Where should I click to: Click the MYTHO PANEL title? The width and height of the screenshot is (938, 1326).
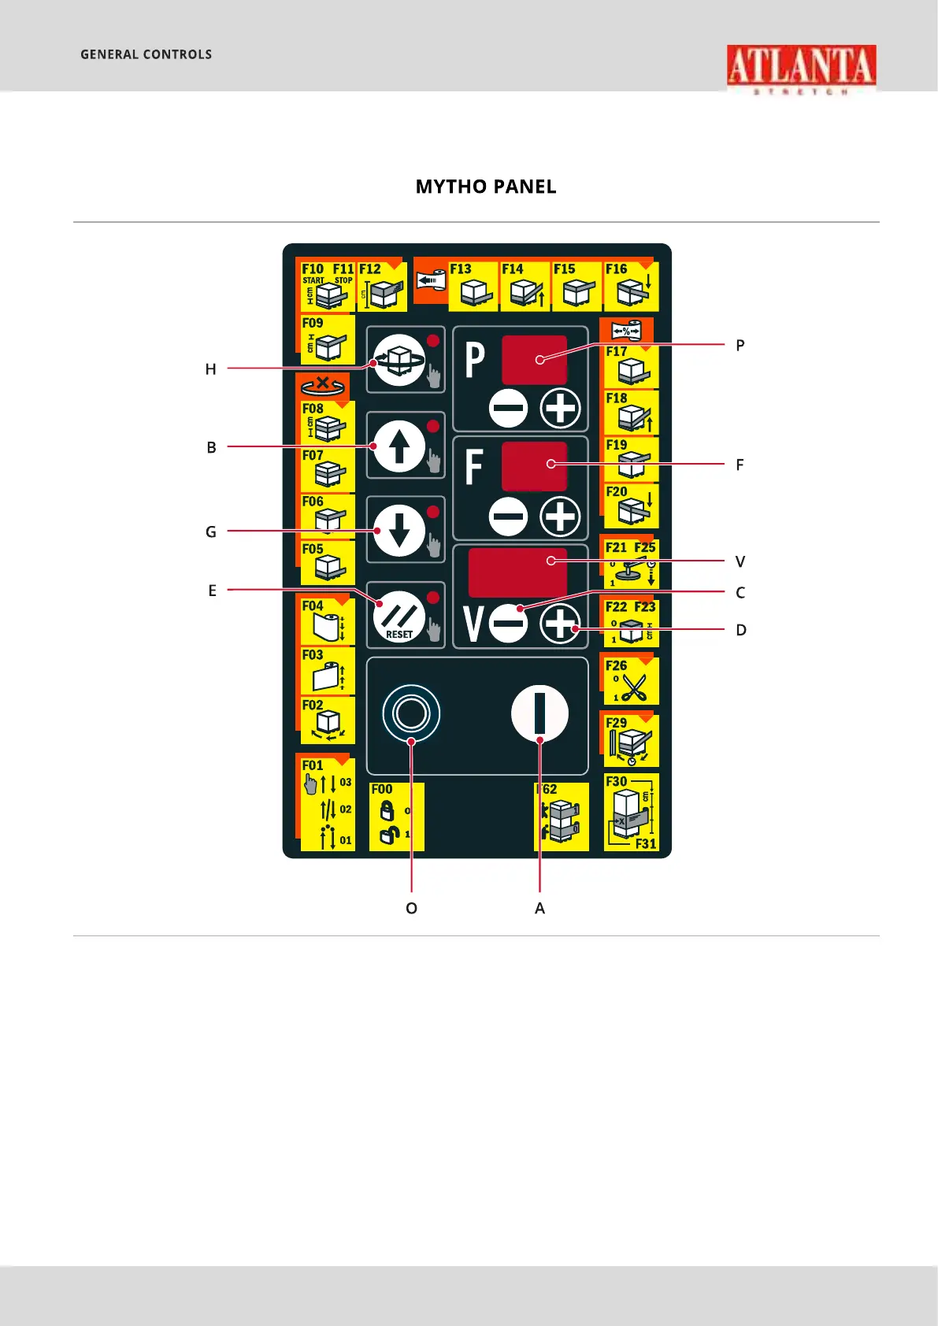click(x=486, y=187)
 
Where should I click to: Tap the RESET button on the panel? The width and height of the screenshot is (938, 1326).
click(x=399, y=616)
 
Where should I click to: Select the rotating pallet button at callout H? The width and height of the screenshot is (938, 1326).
click(x=399, y=360)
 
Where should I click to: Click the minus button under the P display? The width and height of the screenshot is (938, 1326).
click(x=508, y=409)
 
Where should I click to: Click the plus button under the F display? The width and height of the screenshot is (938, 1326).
click(x=560, y=517)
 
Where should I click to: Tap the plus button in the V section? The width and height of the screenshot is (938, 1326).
click(x=560, y=624)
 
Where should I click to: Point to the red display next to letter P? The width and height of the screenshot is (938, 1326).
click(x=534, y=360)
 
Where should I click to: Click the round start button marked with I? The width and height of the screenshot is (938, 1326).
click(x=539, y=713)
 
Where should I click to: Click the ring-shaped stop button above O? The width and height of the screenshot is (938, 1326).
click(x=411, y=713)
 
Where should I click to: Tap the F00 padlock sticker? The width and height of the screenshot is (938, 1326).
click(x=395, y=817)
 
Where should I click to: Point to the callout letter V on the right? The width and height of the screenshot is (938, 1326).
click(x=740, y=561)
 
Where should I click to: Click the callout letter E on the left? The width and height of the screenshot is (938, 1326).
click(x=212, y=591)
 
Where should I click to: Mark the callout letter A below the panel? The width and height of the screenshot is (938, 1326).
click(x=539, y=908)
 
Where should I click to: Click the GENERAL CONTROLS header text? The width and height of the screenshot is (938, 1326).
click(x=146, y=54)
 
